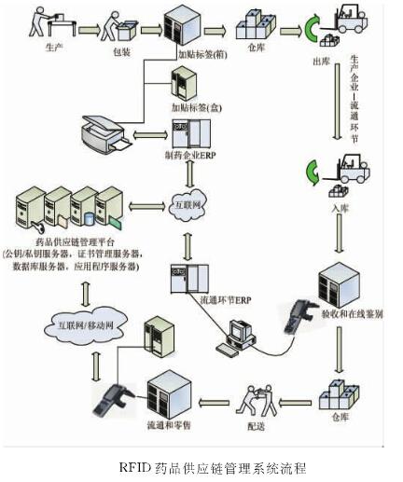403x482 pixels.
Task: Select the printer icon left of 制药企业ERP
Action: (109, 135)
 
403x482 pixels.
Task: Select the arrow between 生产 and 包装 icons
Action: (90, 28)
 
